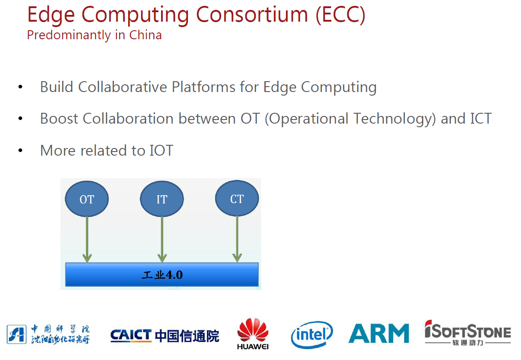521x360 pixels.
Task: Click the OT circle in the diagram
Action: pyautogui.click(x=87, y=199)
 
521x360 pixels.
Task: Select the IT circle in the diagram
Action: pyautogui.click(x=162, y=199)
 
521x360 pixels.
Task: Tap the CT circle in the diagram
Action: pyautogui.click(x=237, y=198)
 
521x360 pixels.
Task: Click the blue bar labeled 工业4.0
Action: pyautogui.click(x=162, y=275)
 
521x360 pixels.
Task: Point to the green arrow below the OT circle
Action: pyautogui.click(x=87, y=240)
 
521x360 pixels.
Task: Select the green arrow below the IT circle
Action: pyautogui.click(x=162, y=240)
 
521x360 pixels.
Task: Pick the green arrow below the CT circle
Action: pyautogui.click(x=237, y=239)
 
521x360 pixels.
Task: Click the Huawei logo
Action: pyautogui.click(x=253, y=334)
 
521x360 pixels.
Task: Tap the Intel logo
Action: pyautogui.click(x=312, y=335)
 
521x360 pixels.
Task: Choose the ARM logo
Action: pyautogui.click(x=379, y=333)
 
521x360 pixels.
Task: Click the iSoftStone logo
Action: pyautogui.click(x=468, y=333)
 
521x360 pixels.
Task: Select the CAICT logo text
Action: pyautogui.click(x=131, y=335)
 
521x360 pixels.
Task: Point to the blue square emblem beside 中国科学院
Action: pyautogui.click(x=17, y=334)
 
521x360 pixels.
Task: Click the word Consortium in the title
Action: pyautogui.click(x=252, y=14)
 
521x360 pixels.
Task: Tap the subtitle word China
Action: pyautogui.click(x=146, y=35)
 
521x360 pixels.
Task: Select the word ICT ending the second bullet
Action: pyautogui.click(x=480, y=119)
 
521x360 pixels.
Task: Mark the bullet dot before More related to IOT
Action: pyautogui.click(x=21, y=151)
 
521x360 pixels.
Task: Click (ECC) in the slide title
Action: pyautogui.click(x=341, y=15)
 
